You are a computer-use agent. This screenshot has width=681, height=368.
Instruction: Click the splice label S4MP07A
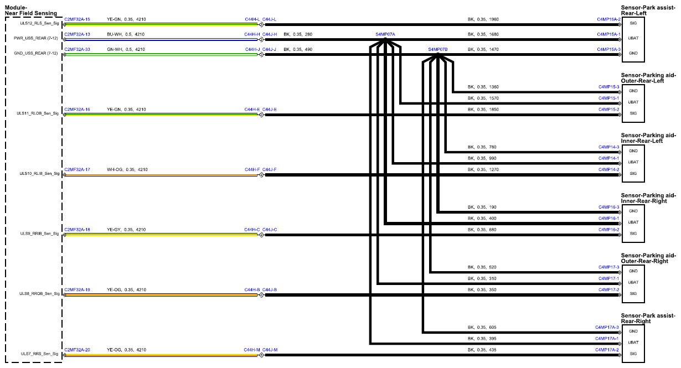(385, 34)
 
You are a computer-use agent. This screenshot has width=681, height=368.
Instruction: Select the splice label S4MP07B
(438, 49)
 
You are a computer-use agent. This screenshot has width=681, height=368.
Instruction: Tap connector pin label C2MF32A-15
(77, 19)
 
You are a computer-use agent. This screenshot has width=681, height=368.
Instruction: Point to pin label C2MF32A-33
(77, 49)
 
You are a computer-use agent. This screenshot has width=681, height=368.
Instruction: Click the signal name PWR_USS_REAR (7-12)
(36, 38)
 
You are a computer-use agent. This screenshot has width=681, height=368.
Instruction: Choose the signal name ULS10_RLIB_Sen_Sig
(39, 174)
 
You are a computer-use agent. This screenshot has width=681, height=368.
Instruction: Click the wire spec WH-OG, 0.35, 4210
(127, 169)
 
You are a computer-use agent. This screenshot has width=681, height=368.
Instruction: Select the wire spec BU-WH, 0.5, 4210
(126, 34)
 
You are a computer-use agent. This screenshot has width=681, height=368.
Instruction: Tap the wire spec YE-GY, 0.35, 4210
(126, 230)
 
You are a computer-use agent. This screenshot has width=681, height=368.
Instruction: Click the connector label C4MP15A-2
(608, 19)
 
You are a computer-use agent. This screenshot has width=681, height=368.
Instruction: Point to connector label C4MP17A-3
(607, 327)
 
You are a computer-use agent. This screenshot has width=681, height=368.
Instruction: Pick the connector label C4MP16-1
(608, 219)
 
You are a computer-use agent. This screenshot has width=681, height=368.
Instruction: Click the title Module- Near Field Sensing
(30, 11)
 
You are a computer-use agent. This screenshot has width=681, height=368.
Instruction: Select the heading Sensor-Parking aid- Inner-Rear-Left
(648, 138)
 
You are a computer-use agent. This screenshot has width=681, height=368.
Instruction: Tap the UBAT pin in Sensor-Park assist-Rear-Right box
(633, 343)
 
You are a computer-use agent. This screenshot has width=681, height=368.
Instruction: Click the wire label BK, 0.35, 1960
(483, 19)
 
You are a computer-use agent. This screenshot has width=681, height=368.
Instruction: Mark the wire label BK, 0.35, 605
(482, 327)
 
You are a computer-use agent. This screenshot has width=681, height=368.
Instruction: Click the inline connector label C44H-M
(252, 350)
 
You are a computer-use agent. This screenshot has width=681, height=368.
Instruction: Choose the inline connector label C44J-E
(270, 110)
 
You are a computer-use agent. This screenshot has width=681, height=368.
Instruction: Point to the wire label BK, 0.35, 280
(298, 34)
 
